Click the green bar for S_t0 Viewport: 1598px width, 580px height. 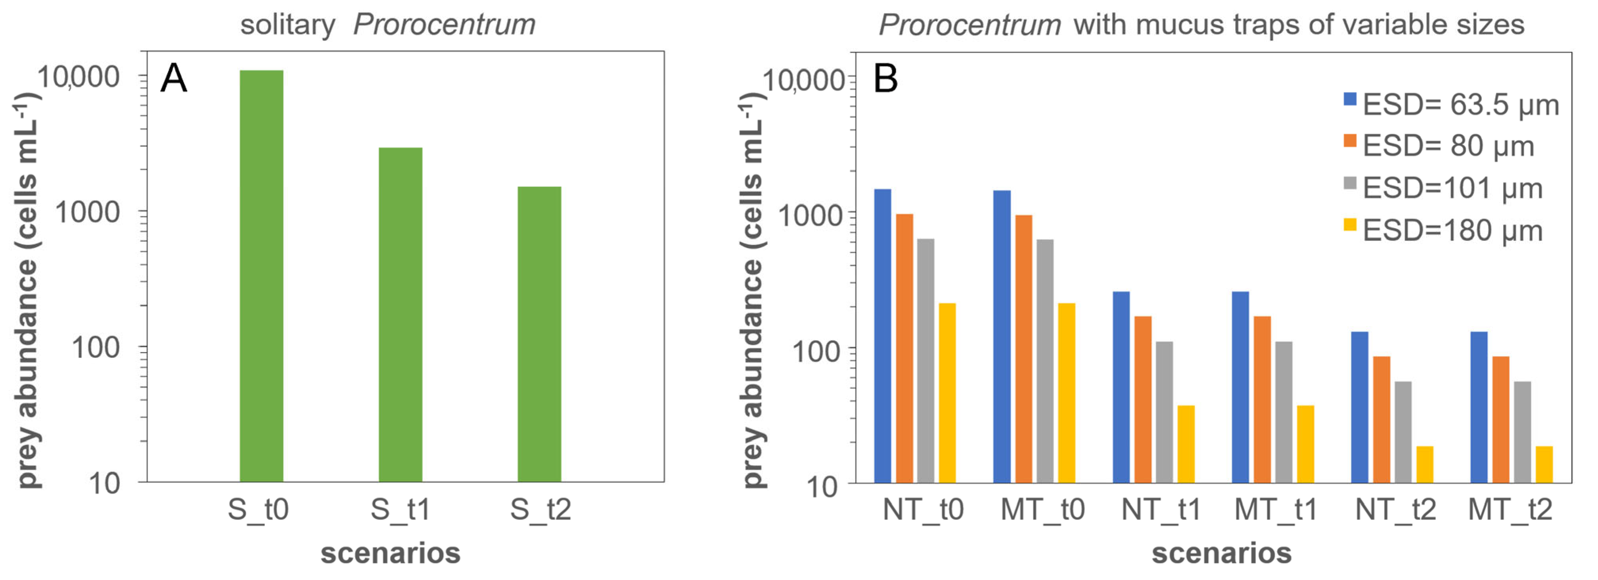pyautogui.click(x=261, y=276)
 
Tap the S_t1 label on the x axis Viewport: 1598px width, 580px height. pyautogui.click(x=400, y=510)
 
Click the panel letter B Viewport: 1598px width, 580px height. pyautogui.click(x=885, y=79)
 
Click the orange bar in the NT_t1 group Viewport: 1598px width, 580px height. pyautogui.click(x=1143, y=399)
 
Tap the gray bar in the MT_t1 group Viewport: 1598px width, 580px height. pyautogui.click(x=1284, y=411)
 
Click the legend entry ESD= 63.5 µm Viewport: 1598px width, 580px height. pyautogui.click(x=1460, y=104)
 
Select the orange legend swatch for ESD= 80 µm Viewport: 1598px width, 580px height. pyautogui.click(x=1350, y=141)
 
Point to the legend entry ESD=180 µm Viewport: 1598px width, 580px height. pyautogui.click(x=1452, y=231)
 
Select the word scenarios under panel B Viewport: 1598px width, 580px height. pyautogui.click(x=1221, y=553)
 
